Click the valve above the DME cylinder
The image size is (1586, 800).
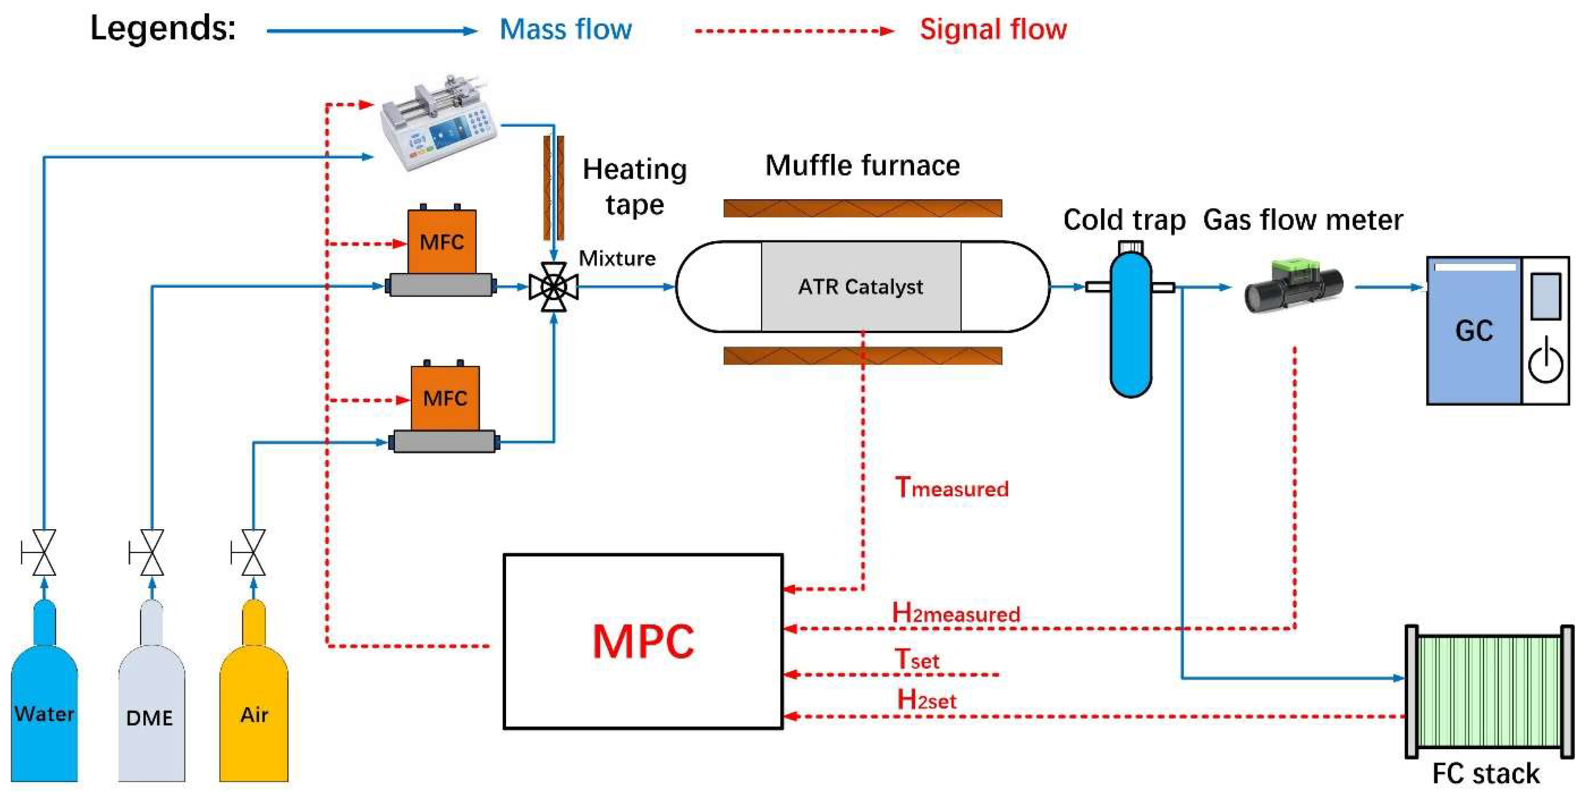[151, 552]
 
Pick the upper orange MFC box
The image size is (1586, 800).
[442, 242]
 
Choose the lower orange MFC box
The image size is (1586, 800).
[445, 398]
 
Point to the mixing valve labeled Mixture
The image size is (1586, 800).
[553, 286]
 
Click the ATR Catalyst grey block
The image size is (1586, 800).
[861, 286]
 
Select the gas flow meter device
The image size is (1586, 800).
[1293, 286]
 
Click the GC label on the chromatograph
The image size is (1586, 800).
[1474, 331]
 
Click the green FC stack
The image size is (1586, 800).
[1489, 691]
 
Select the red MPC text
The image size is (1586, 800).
[643, 642]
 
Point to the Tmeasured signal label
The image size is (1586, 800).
[952, 488]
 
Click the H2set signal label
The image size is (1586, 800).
[926, 700]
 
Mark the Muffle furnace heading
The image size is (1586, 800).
[862, 166]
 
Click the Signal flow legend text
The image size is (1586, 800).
[993, 30]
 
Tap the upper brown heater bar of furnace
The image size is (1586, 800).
[862, 208]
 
